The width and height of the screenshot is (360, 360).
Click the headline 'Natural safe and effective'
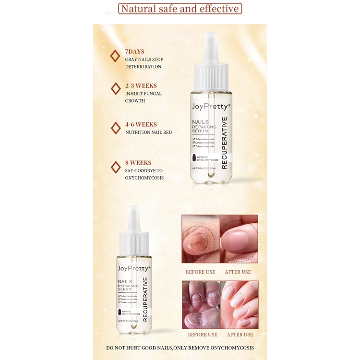[180, 9]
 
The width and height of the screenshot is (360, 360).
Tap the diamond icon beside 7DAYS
[115, 56]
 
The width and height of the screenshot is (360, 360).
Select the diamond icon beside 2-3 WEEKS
[115, 89]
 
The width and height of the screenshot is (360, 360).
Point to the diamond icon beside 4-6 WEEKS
[115, 128]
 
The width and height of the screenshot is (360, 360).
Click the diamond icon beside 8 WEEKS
[115, 167]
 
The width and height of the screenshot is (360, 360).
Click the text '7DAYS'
[134, 51]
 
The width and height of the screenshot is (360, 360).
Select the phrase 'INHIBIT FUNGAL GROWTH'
[143, 97]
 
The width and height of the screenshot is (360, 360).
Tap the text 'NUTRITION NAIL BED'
[148, 132]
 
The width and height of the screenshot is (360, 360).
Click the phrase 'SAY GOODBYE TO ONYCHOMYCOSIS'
[144, 174]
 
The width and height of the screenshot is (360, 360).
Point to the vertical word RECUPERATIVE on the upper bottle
[224, 143]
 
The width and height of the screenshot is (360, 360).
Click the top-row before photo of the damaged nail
[200, 239]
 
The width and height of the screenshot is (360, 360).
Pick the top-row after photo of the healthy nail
[239, 239]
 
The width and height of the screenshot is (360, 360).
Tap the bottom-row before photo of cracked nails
[200, 304]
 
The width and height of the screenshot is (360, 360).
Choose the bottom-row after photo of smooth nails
[239, 304]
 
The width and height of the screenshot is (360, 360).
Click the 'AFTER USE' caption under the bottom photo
[240, 335]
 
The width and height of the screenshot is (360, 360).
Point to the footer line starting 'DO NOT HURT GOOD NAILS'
[180, 348]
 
